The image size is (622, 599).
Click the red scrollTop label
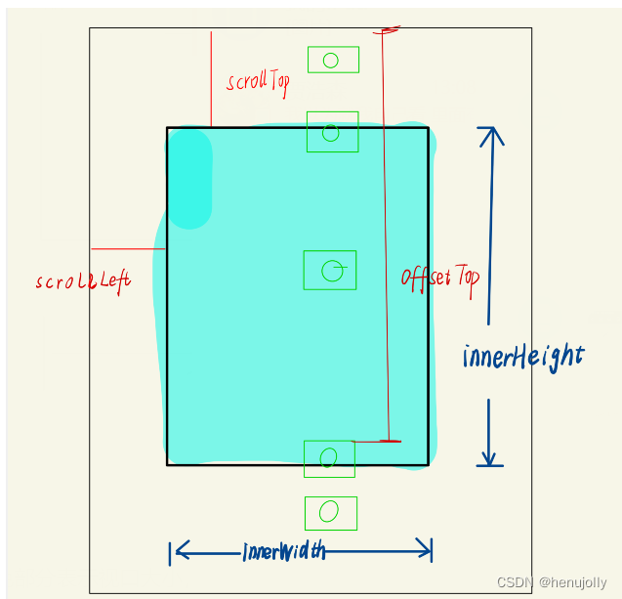(258, 81)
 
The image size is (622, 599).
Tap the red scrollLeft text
(82, 281)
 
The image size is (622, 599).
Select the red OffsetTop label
(440, 278)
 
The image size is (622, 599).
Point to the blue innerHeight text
(523, 357)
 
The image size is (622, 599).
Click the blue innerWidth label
(284, 552)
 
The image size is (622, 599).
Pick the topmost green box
(333, 60)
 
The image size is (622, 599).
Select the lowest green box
(331, 513)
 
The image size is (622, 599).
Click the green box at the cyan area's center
(330, 270)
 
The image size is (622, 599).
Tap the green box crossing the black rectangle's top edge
(332, 132)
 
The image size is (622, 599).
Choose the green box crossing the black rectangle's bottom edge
(329, 458)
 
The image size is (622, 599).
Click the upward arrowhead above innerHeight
(491, 135)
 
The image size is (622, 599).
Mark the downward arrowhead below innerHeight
(489, 457)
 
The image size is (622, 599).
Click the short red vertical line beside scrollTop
(211, 78)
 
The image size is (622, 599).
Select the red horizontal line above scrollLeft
(128, 248)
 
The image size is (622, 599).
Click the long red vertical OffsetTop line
(386, 244)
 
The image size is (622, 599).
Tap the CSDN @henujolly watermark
(551, 582)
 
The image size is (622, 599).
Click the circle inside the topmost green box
(331, 61)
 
